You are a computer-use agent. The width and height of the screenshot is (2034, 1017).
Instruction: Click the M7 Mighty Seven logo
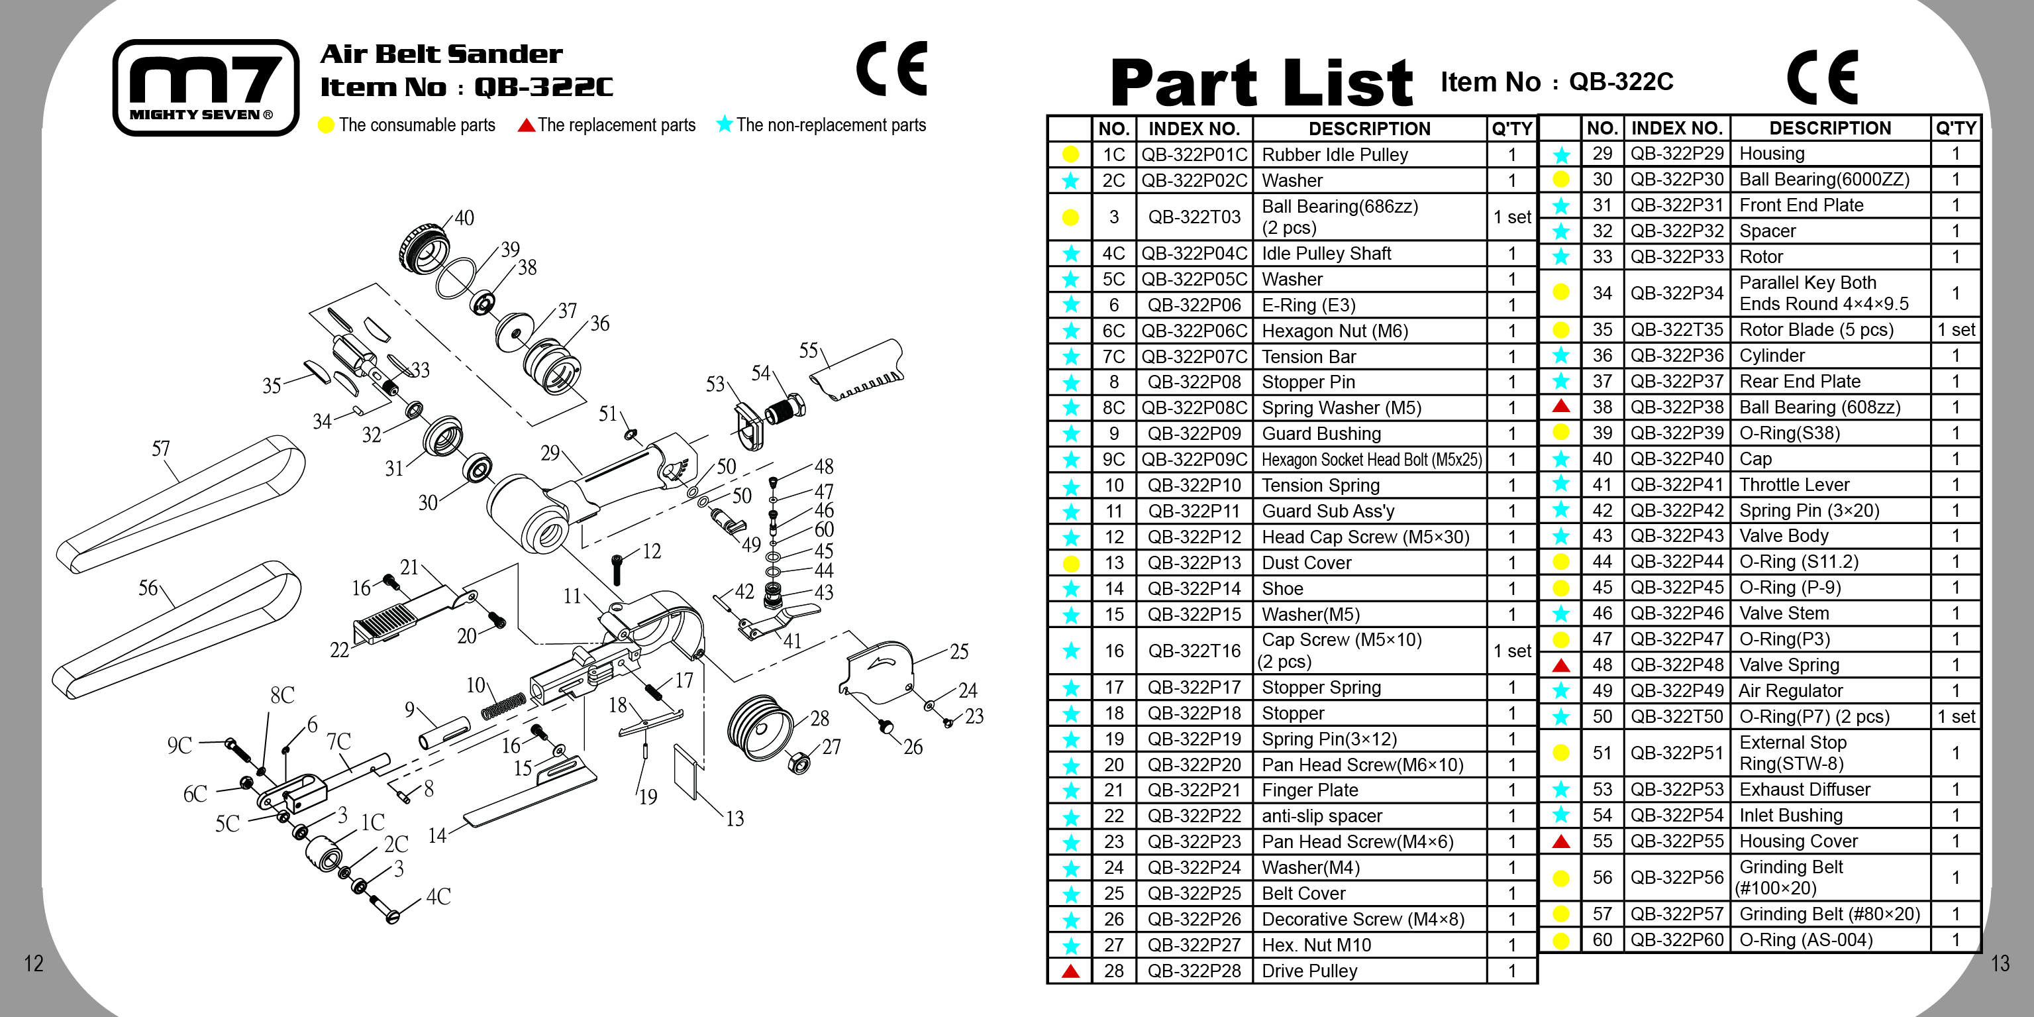tap(205, 87)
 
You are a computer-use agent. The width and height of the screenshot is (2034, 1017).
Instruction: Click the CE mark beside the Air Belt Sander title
tap(891, 69)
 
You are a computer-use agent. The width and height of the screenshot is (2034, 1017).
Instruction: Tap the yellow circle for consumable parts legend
tap(325, 125)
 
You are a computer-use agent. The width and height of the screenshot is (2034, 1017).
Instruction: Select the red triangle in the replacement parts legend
tap(526, 125)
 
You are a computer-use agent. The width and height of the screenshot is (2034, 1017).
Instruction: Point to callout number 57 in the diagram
tap(160, 449)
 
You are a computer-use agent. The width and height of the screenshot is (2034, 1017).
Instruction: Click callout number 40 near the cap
tap(464, 218)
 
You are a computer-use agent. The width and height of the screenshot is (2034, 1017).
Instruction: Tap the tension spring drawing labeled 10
tap(503, 705)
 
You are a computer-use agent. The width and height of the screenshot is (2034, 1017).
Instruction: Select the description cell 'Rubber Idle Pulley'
tap(1335, 155)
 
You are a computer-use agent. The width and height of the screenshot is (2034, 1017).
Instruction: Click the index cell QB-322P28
tap(1194, 971)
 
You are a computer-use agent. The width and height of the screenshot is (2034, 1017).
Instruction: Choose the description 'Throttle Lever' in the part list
tap(1794, 485)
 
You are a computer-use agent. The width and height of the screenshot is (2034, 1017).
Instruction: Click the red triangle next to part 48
tap(1560, 665)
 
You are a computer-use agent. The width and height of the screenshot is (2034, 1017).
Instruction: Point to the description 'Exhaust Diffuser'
tap(1804, 790)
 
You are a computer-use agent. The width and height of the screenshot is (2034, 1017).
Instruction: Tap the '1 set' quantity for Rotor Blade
tap(1955, 330)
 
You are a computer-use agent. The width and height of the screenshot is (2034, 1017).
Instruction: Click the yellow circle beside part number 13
tap(1071, 564)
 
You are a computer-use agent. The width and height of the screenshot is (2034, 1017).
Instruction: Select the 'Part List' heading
tap(1261, 83)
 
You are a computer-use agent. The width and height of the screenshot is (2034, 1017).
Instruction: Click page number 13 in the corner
tap(2000, 963)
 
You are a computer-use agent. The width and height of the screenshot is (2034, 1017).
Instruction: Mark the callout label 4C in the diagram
tap(438, 897)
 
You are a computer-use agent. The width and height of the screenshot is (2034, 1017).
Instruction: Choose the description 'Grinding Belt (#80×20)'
tap(1829, 914)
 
